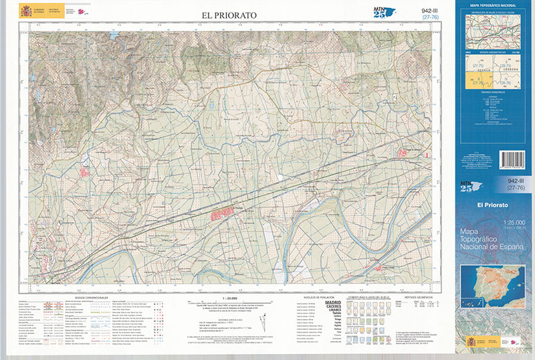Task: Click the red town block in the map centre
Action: (x=221, y=214)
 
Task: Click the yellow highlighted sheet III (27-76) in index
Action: (x=477, y=82)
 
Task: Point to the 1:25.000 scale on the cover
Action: (x=493, y=222)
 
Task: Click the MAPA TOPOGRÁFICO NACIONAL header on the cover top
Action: (x=494, y=7)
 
